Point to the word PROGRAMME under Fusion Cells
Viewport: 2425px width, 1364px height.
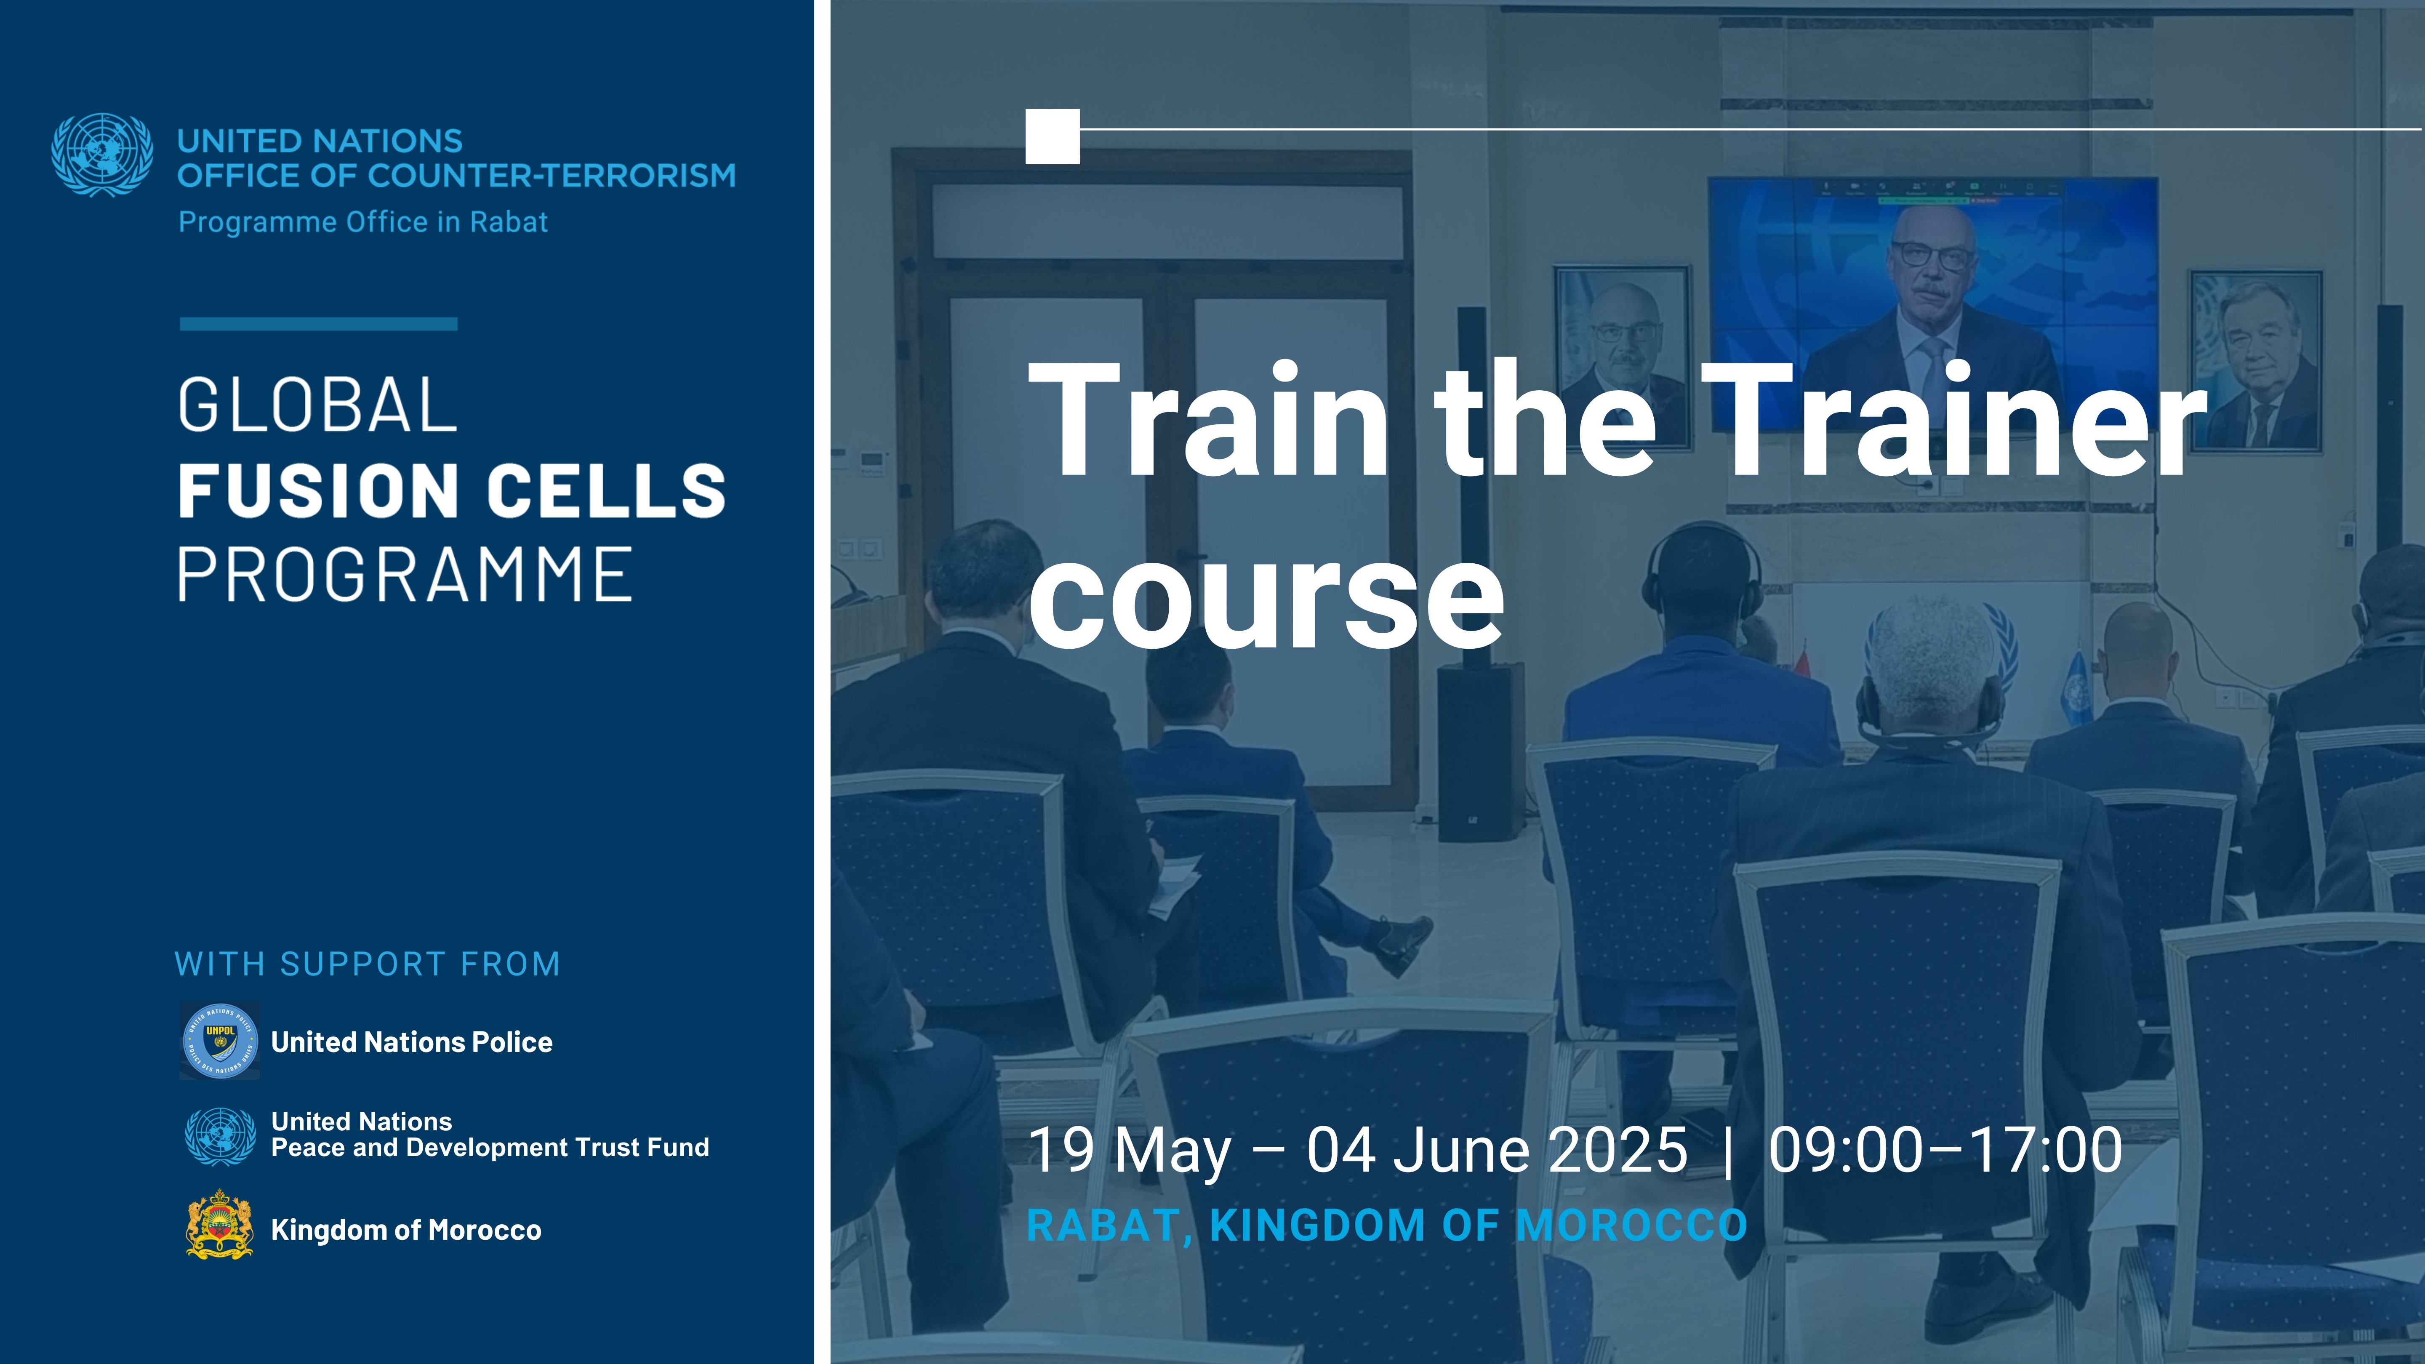coord(405,574)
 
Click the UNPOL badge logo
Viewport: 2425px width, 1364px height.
coord(219,1040)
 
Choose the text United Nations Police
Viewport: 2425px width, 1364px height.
coord(411,1042)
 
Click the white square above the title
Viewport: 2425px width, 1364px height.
coord(1053,136)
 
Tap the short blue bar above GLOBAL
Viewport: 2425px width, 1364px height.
coord(318,324)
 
